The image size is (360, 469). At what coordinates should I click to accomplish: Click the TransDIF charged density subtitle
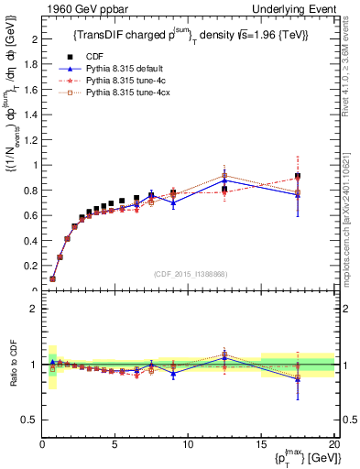click(x=191, y=35)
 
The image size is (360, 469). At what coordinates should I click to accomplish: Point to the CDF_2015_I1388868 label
click(x=191, y=274)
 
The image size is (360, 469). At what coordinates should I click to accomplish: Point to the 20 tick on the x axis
click(x=333, y=443)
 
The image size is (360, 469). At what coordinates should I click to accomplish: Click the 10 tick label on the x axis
click(x=188, y=443)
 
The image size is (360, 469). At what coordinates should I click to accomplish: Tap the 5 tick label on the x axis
click(x=115, y=443)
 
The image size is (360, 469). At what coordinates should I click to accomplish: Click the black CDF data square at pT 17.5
click(x=297, y=176)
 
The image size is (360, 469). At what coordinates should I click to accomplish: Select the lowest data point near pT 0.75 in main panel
click(x=53, y=278)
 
